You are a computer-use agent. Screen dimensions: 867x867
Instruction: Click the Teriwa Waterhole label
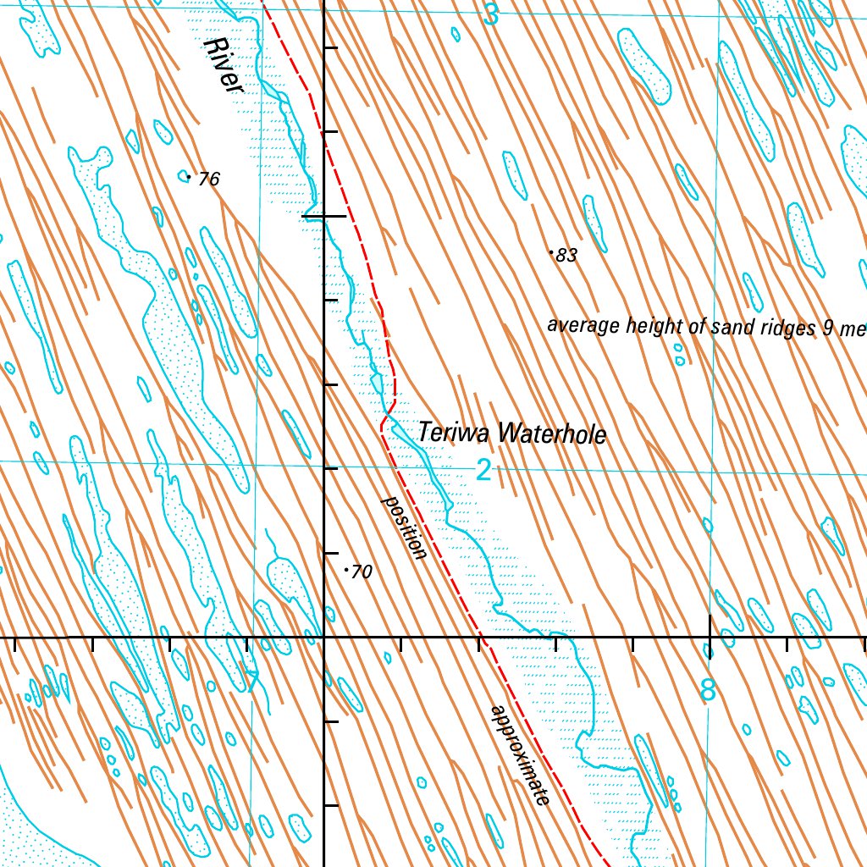pyautogui.click(x=511, y=433)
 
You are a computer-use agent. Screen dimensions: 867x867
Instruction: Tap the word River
pyautogui.click(x=224, y=66)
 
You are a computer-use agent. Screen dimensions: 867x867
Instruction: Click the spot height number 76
pyautogui.click(x=208, y=179)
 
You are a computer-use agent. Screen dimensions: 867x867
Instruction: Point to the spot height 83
pyautogui.click(x=567, y=256)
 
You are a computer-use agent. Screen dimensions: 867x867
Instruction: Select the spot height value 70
pyautogui.click(x=362, y=572)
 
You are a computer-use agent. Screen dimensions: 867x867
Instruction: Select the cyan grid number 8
pyautogui.click(x=708, y=691)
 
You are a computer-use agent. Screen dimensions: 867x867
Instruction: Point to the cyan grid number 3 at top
pyautogui.click(x=491, y=14)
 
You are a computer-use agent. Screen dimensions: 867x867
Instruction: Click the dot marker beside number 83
pyautogui.click(x=551, y=252)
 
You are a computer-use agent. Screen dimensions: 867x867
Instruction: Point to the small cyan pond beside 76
pyautogui.click(x=184, y=176)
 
